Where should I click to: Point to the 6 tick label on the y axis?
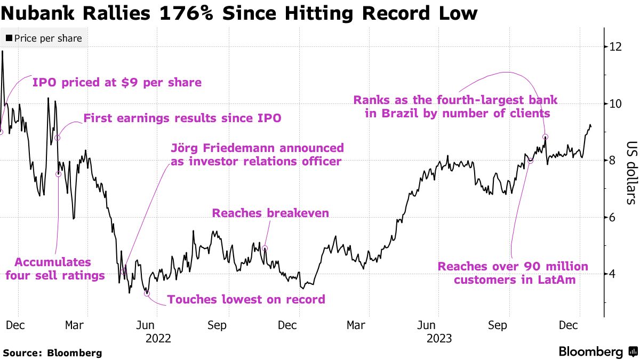(x=614, y=218)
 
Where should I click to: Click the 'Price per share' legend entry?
(x=44, y=38)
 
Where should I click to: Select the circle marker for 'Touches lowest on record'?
(x=147, y=293)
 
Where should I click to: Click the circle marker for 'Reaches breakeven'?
(x=265, y=249)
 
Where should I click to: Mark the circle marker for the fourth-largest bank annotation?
(x=546, y=137)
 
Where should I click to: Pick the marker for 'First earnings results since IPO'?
(x=58, y=138)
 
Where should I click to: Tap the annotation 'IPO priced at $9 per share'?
(x=117, y=83)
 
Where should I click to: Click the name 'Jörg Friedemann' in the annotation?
(x=219, y=148)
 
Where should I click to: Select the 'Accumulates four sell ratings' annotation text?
(x=53, y=269)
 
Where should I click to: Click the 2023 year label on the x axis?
(x=439, y=339)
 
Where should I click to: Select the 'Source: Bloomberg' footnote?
(x=52, y=353)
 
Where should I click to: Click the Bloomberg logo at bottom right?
(x=596, y=351)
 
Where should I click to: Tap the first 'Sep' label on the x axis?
(x=217, y=325)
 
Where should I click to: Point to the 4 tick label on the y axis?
(x=614, y=274)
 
